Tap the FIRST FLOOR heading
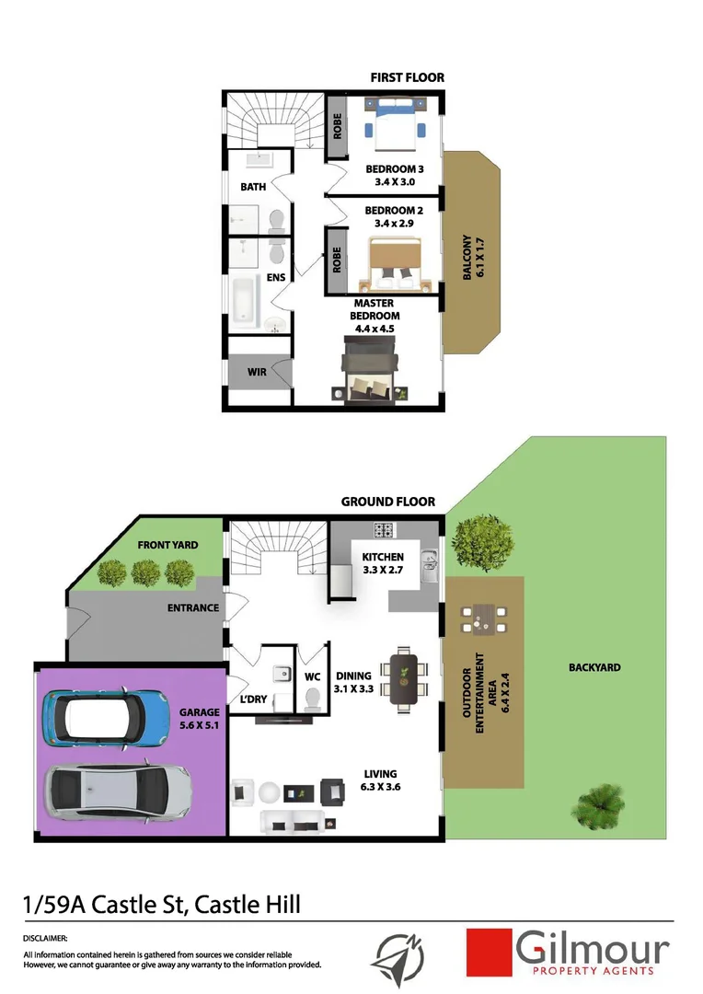click(407, 77)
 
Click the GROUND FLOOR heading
click(387, 502)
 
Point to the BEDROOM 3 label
click(395, 169)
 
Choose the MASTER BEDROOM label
click(374, 309)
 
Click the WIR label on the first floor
click(257, 373)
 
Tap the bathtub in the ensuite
click(243, 301)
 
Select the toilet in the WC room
click(313, 699)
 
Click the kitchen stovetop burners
click(383, 530)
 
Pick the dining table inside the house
click(404, 682)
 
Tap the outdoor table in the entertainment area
click(480, 619)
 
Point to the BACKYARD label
click(594, 667)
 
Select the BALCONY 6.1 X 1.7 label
click(472, 260)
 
